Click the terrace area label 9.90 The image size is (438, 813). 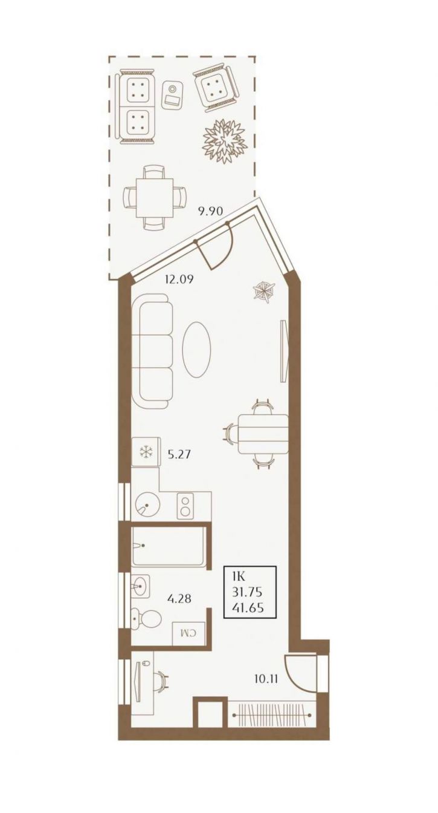coord(209,211)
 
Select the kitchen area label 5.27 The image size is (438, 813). coord(179,454)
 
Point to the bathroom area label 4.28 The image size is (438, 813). coord(179,598)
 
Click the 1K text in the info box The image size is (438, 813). coord(239,577)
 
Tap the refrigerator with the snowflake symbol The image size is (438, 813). coord(146,451)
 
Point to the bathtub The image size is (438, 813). coord(168,546)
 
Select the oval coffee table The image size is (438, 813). coord(196,349)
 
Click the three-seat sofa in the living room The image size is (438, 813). coord(152,351)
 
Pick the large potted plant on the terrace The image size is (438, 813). coord(225,140)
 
